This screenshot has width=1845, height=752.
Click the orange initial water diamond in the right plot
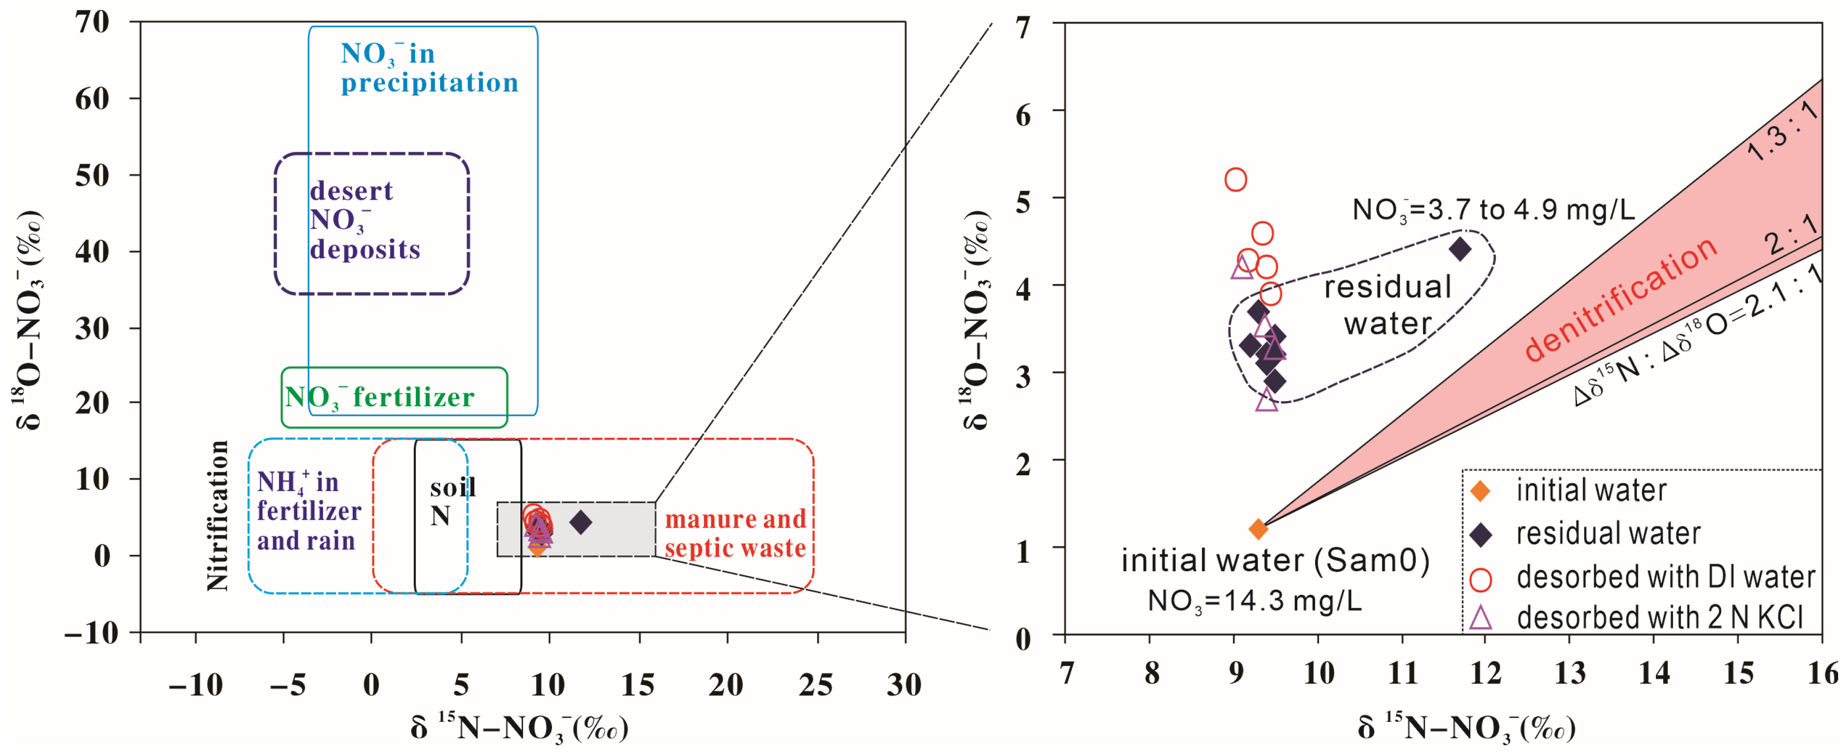point(1258,529)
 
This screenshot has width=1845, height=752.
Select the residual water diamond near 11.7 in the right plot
point(1460,249)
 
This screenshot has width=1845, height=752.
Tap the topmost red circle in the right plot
point(1236,179)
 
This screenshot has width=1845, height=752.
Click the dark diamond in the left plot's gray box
point(581,522)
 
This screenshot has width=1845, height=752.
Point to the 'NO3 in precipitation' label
point(428,68)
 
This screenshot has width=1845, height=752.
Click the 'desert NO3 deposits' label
point(365,220)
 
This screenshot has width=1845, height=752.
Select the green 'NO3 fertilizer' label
point(380,397)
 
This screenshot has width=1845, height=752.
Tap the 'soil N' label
point(452,501)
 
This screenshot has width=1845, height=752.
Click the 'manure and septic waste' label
point(735,533)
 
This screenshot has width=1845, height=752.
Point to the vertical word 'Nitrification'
point(217,516)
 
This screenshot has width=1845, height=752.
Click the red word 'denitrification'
point(1620,299)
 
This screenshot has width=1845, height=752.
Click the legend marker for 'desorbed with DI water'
point(1480,579)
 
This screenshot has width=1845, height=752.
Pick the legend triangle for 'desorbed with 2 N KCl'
point(1480,617)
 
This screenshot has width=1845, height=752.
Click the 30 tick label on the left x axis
point(904,685)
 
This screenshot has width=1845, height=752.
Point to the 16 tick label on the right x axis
point(1822,673)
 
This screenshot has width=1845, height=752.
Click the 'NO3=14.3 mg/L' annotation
point(1254,601)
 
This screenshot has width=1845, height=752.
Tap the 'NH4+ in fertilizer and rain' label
point(309,511)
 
